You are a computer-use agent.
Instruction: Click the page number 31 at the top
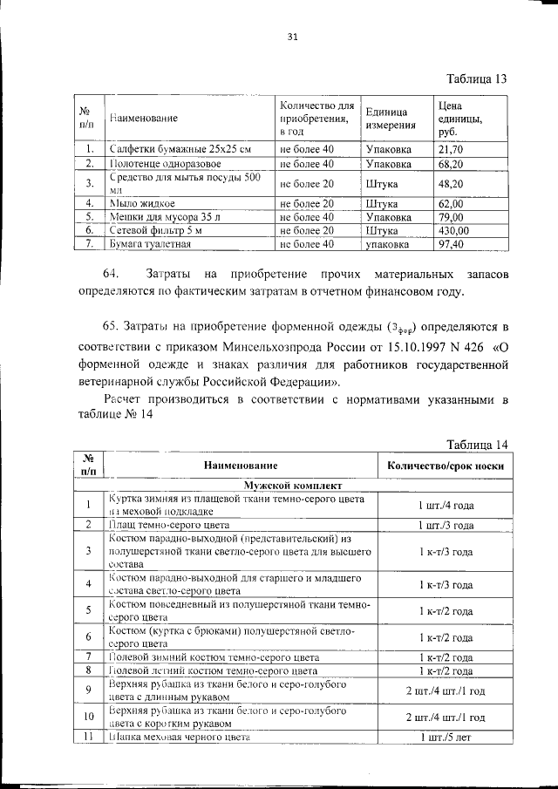(x=292, y=37)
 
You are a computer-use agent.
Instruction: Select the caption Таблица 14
(x=477, y=445)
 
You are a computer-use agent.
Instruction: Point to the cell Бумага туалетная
(x=150, y=244)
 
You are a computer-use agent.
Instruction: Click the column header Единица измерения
(x=390, y=118)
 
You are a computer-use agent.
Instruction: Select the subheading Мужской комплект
(x=292, y=484)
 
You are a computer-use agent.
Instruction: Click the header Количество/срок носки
(x=446, y=466)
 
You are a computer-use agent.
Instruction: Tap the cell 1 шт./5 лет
(x=446, y=738)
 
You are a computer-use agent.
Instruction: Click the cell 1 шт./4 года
(x=446, y=505)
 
